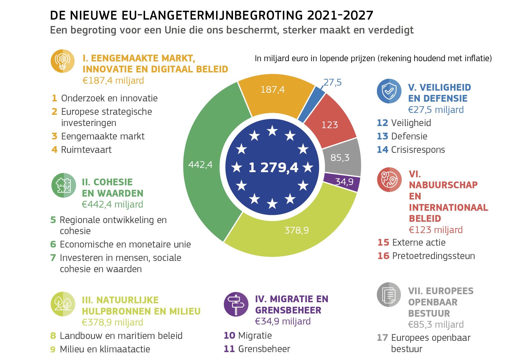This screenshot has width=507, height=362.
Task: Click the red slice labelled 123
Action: tap(330, 125)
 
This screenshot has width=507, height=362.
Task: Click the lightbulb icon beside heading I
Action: tap(62, 61)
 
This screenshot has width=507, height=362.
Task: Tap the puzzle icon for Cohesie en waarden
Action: tap(64, 185)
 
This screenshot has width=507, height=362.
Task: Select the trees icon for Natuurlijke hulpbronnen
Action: tap(63, 304)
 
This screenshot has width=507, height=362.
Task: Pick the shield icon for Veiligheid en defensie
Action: tap(389, 91)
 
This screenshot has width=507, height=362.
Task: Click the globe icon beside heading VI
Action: tap(389, 180)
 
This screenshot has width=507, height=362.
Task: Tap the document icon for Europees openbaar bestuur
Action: tap(389, 294)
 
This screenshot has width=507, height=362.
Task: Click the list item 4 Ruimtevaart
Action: tap(82, 150)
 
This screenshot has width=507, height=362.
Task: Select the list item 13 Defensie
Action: tap(402, 136)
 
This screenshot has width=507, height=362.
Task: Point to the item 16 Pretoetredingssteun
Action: tap(426, 256)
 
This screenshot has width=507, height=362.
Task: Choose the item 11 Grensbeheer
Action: tap(257, 349)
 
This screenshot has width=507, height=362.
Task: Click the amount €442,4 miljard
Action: tap(112, 204)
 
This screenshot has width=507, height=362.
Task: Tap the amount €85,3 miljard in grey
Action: tap(436, 324)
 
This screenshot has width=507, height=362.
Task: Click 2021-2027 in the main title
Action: tap(340, 15)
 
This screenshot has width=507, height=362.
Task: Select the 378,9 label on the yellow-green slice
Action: tap(296, 230)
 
